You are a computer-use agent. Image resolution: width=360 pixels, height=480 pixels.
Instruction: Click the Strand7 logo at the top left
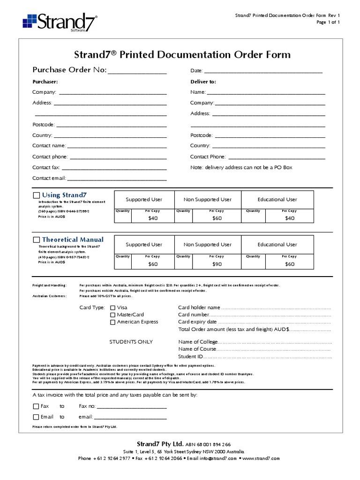60,22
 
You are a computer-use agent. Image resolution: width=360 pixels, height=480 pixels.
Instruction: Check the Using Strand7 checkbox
36,195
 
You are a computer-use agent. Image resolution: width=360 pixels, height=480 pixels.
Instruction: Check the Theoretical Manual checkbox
36,240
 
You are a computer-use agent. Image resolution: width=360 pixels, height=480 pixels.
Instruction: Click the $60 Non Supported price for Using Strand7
217,218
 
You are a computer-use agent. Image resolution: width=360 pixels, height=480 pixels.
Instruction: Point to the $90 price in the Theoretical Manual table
217,264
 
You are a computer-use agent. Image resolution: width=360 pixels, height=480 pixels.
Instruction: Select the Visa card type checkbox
112,308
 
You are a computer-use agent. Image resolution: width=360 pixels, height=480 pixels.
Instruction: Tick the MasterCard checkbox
112,315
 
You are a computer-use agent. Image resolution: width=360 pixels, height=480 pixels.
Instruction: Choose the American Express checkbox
112,322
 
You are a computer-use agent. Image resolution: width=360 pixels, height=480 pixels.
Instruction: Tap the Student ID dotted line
267,357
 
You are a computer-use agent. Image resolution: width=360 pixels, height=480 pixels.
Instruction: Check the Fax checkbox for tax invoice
36,406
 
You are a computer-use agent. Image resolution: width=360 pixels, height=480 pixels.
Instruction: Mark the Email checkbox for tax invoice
36,417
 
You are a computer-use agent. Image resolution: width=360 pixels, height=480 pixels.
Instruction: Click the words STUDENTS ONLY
131,342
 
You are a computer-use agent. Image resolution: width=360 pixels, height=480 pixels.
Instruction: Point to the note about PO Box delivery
241,167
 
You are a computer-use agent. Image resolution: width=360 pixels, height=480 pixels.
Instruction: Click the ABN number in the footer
208,444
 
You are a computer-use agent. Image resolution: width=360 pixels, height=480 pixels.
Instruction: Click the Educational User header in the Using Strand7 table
277,199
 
